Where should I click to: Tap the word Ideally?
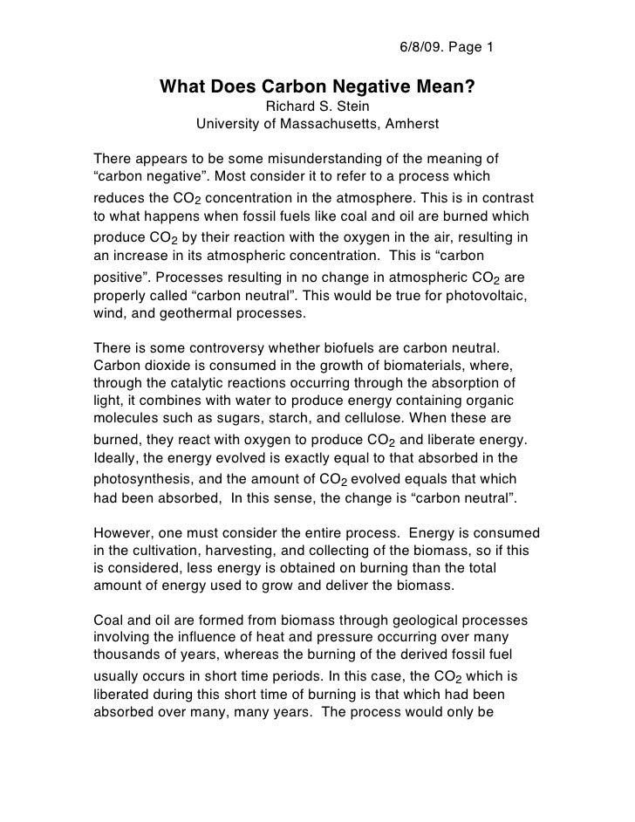pos(114,459)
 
